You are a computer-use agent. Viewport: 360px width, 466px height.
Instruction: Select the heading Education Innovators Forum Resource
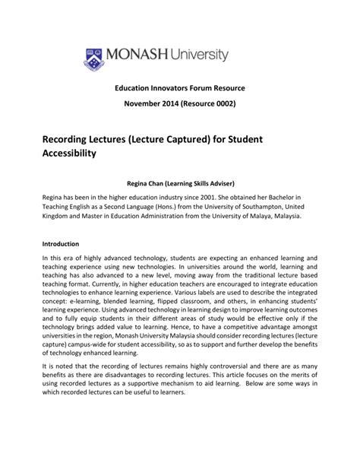pos(180,88)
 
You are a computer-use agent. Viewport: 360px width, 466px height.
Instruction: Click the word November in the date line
pos(144,103)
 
